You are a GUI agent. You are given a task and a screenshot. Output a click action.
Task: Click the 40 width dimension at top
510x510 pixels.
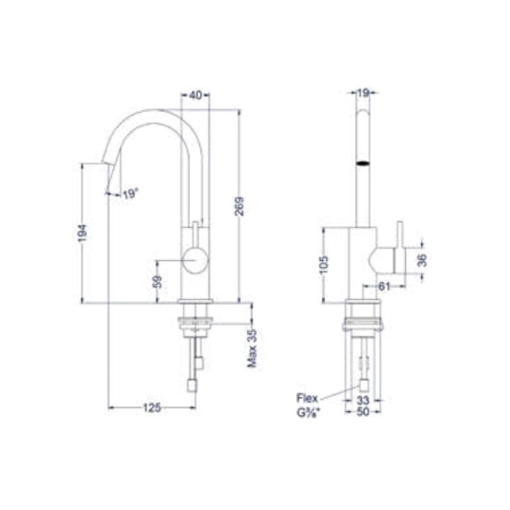[x=195, y=95]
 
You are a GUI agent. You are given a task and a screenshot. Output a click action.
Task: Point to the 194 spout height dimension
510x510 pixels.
[x=83, y=233]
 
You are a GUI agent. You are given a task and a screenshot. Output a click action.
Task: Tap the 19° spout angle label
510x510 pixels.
[x=130, y=194]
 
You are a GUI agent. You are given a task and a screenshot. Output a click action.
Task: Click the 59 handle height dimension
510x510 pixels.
[x=158, y=281]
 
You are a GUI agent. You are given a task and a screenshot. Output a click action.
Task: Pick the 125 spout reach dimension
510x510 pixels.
[x=151, y=407]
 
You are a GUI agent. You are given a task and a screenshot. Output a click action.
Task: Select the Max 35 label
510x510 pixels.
[x=252, y=348]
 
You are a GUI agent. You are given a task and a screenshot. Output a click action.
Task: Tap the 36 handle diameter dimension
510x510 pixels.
[x=422, y=260]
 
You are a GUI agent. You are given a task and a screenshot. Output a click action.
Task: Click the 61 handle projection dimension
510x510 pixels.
[x=384, y=287]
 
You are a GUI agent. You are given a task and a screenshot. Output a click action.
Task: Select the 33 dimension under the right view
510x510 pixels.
[x=363, y=400]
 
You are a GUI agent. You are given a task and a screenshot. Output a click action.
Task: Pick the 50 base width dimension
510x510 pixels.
[x=363, y=412]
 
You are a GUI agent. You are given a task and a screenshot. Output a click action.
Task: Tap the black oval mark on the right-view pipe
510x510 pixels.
[x=363, y=164]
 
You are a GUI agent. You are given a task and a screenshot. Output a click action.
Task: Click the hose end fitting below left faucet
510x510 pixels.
[x=192, y=386]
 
